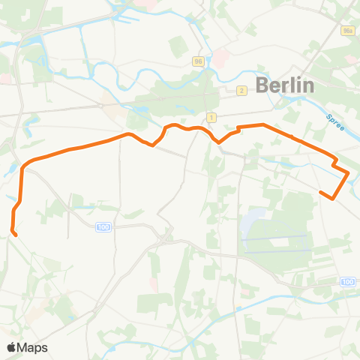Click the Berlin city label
pyautogui.click(x=284, y=85)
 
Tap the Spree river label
pyautogui.click(x=336, y=121)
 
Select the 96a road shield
pyautogui.click(x=346, y=31)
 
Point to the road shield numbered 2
pyautogui.click(x=241, y=91)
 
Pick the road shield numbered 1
pyautogui.click(x=211, y=118)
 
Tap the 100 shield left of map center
pyautogui.click(x=103, y=226)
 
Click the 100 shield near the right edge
pyautogui.click(x=346, y=281)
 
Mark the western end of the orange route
pyautogui.click(x=16, y=235)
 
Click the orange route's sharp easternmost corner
pyautogui.click(x=349, y=174)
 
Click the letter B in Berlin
pyautogui.click(x=262, y=85)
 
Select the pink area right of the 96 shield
pyautogui.click(x=221, y=58)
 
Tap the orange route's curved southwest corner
pyautogui.click(x=24, y=166)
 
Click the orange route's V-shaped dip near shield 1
pyautogui.click(x=218, y=142)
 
